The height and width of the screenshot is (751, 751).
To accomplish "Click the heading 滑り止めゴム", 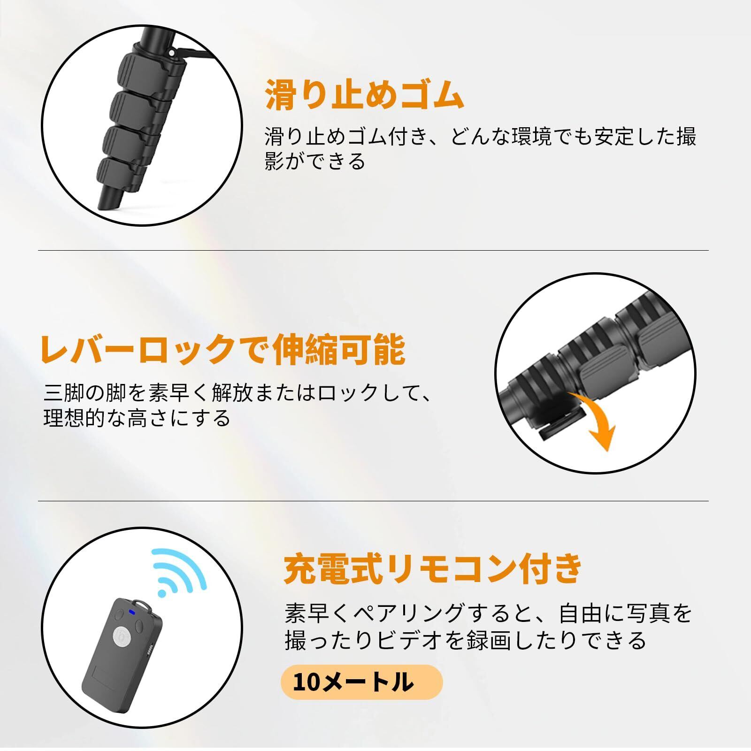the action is coord(365,95).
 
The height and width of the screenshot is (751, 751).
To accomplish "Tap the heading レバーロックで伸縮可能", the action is coord(223,349).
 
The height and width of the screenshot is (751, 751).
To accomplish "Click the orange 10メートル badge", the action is coord(361,682).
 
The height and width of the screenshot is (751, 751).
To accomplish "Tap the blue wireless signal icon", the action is coord(179,572).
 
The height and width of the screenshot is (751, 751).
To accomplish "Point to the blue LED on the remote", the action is coord(132,612).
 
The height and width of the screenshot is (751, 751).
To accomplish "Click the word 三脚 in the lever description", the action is coord(69,393).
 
